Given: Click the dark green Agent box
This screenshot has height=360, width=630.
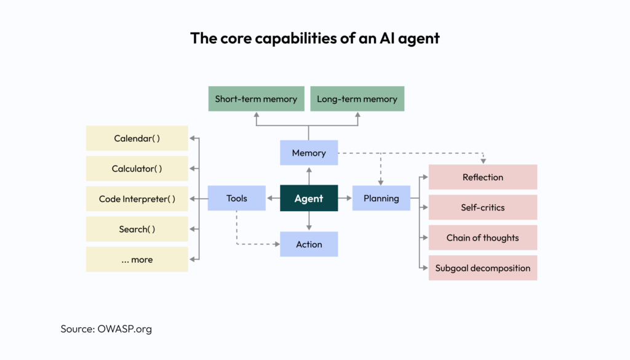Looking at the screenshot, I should pos(309,198).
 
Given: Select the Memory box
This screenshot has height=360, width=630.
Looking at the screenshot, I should pos(309,153).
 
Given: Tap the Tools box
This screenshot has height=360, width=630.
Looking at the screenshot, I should pos(237,198).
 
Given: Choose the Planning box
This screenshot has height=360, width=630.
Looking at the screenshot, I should pos(381,198).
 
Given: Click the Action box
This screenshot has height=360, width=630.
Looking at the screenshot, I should pos(309,244).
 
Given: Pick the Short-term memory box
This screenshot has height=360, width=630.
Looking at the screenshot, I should pos(256,99).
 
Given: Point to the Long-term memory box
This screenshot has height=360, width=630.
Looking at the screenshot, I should pos(357,99).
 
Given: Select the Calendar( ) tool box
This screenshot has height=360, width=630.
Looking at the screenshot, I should pos(137,138).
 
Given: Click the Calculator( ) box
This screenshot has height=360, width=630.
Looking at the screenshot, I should pos(137,169).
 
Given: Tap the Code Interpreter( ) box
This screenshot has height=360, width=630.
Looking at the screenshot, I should pos(137,199).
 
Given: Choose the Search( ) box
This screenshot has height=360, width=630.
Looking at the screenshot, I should pos(137,229).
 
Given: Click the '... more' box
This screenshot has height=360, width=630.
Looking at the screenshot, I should pos(137,260).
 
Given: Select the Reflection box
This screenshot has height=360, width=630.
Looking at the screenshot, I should pos(483,177).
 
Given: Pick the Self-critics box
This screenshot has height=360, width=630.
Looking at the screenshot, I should pos(483,207).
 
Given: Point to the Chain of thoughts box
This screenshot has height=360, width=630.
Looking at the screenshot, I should pos(483,238).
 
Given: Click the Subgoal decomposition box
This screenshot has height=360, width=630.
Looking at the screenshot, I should pos(483,268).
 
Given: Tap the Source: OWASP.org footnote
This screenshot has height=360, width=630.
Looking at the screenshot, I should pos(106,329).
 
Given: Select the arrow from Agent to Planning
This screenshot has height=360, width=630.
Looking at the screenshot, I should pos(345,198).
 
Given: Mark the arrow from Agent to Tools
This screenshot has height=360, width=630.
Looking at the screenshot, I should pos(273,198).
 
